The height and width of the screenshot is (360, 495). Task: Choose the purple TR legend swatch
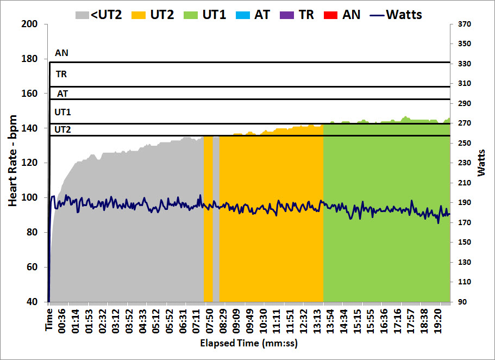[288, 14]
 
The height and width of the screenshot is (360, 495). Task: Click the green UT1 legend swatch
[191, 14]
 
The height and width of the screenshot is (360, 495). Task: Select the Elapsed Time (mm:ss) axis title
[249, 344]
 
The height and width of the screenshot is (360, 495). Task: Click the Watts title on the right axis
[482, 162]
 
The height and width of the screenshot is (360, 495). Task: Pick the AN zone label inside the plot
[62, 53]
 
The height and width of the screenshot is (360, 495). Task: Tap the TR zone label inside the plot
[61, 74]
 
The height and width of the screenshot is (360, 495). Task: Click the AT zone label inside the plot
[62, 94]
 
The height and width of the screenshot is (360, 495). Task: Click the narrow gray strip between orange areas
[216, 218]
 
